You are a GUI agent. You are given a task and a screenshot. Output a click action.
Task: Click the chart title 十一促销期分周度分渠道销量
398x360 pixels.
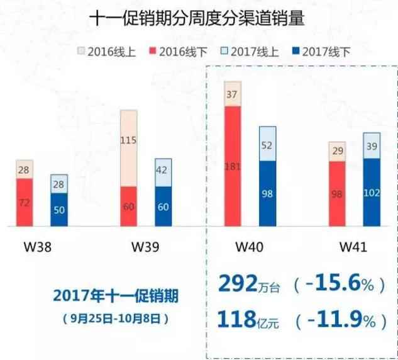pyautogui.click(x=199, y=19)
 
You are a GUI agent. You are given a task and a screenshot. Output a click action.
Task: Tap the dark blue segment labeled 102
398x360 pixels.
pyautogui.click(x=372, y=192)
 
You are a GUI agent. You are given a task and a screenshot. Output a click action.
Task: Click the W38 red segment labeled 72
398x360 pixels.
pyautogui.click(x=25, y=202)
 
